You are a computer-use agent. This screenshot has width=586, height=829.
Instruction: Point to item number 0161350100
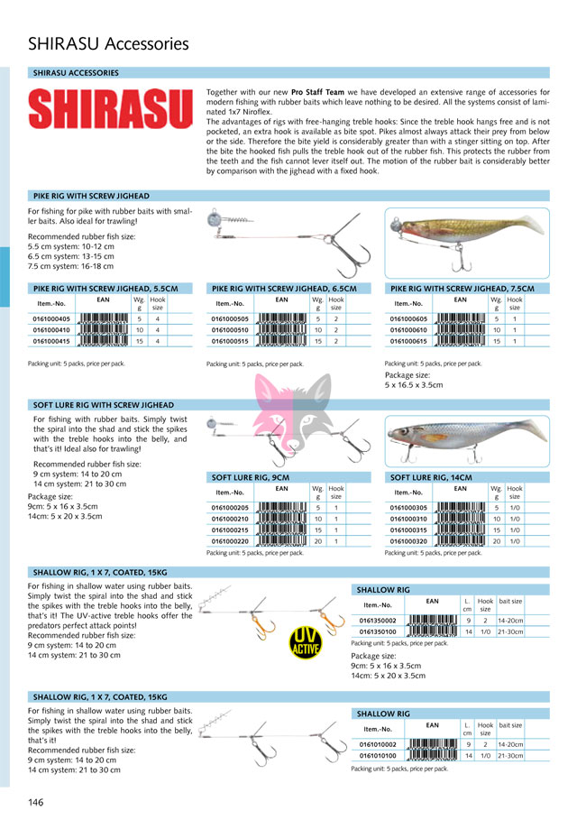(x=376, y=631)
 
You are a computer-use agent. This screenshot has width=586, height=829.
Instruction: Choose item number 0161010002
(x=376, y=744)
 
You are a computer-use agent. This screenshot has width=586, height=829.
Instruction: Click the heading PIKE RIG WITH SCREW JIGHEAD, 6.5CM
(x=285, y=289)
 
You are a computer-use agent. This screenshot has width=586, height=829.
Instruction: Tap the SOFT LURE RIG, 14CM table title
(x=432, y=476)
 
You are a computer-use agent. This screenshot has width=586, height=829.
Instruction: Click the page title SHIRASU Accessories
(x=108, y=43)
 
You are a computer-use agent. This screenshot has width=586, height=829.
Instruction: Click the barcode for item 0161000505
(x=282, y=318)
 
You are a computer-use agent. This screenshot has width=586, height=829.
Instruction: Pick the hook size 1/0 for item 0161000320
(x=514, y=541)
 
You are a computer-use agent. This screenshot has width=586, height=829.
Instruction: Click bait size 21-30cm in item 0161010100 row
(x=510, y=755)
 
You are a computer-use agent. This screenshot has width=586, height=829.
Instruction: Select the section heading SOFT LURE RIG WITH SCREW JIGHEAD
(x=104, y=405)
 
